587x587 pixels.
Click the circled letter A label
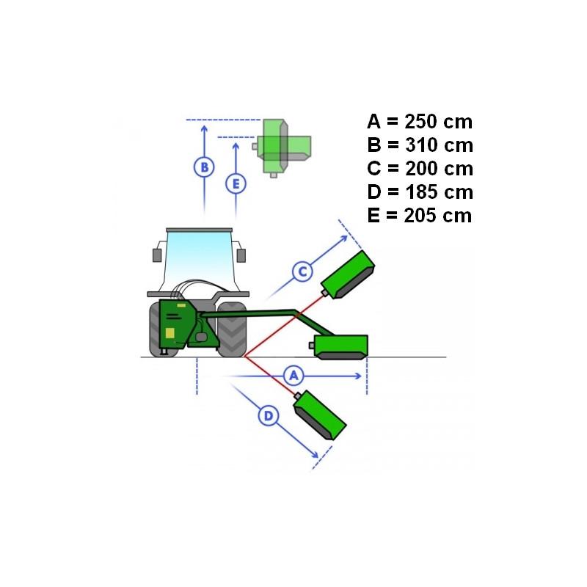(x=293, y=376)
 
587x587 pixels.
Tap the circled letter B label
(x=204, y=167)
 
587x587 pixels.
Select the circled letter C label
(x=302, y=271)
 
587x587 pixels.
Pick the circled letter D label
(x=269, y=416)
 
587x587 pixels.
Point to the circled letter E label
(x=236, y=184)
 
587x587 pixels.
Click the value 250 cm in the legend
(x=438, y=122)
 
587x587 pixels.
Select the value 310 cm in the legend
(x=439, y=145)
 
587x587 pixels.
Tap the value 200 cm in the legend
(x=439, y=169)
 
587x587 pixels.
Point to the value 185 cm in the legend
(x=439, y=192)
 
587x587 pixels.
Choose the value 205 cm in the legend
(x=438, y=216)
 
